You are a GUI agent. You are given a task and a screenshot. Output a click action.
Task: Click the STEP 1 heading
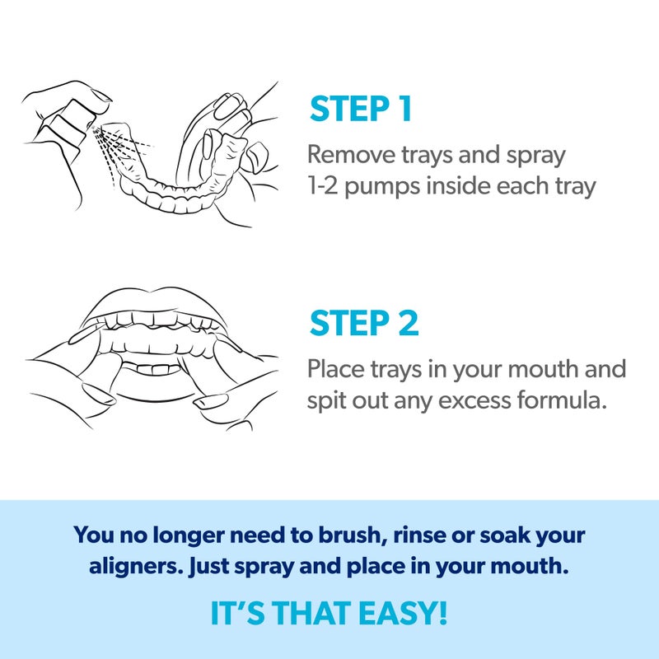360,110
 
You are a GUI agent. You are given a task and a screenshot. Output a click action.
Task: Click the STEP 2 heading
363,323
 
